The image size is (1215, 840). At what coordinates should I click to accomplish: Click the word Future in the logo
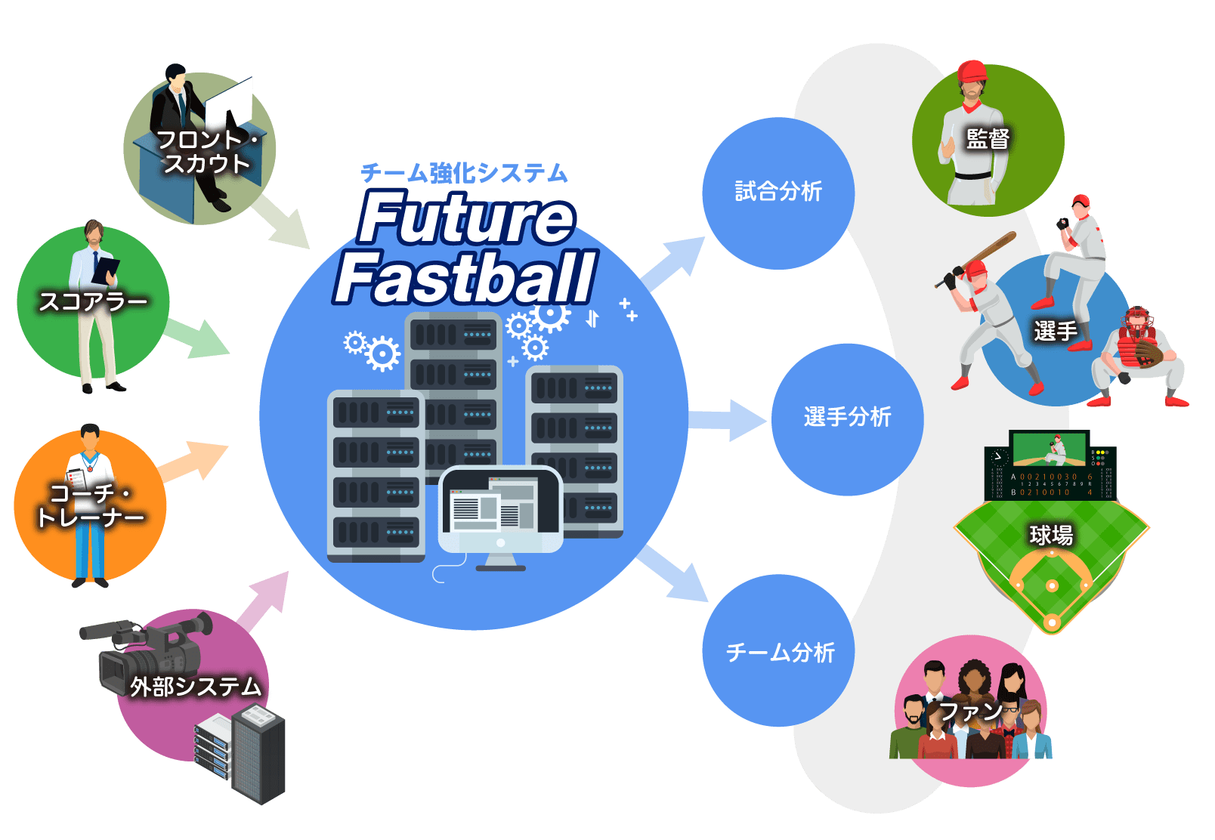(466, 219)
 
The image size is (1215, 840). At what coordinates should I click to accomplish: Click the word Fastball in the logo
(465, 279)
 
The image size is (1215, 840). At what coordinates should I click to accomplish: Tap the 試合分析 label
(778, 192)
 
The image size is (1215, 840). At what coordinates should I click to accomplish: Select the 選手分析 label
(847, 417)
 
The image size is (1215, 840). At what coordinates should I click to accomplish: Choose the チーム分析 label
(780, 653)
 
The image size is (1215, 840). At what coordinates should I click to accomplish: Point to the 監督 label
(988, 139)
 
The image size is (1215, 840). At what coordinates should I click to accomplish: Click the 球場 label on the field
(1051, 536)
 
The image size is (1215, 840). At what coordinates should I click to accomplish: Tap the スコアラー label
(93, 302)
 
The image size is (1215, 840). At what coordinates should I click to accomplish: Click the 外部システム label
(196, 687)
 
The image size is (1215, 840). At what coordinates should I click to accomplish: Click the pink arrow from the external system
(264, 597)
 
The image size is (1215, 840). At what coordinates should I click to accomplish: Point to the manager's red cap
(972, 72)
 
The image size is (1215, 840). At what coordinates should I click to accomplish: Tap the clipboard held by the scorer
(105, 270)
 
